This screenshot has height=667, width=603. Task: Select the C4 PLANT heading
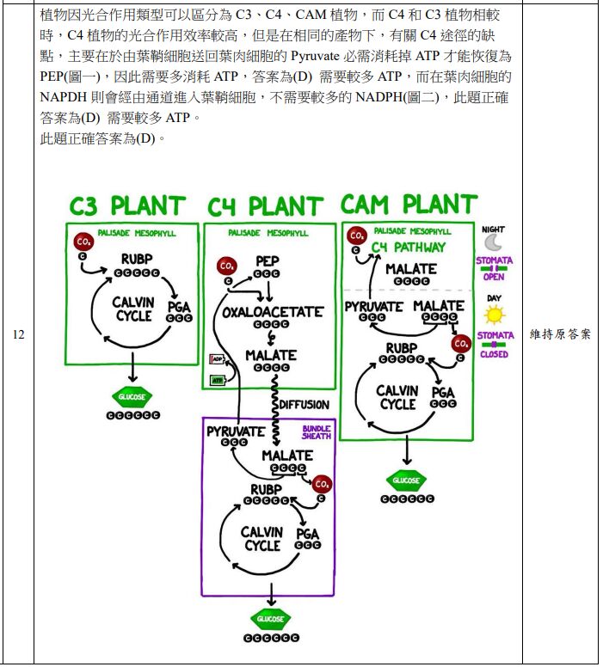(265, 207)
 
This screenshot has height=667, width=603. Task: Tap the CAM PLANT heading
(408, 205)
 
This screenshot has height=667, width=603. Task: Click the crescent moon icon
(493, 242)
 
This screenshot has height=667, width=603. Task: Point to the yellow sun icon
(495, 315)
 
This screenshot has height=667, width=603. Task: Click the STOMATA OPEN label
(494, 268)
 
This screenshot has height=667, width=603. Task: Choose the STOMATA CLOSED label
(494, 344)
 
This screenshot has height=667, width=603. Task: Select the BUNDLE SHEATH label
(316, 432)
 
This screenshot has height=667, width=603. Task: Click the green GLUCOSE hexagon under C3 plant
(132, 397)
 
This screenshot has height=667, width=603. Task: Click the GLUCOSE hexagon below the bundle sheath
(271, 619)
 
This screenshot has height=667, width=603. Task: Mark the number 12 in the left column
(18, 335)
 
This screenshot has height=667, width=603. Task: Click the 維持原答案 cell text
(560, 334)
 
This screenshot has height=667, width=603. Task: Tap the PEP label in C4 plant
(267, 261)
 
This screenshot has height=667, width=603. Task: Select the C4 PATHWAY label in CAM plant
(409, 248)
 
